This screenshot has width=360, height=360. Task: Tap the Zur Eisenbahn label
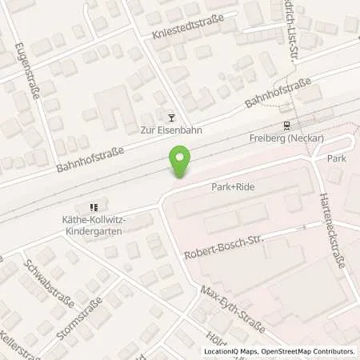point(170,130)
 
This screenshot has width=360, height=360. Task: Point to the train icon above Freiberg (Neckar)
point(286,126)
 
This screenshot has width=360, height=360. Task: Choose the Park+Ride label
point(233,186)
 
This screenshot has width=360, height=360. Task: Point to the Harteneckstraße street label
point(331,230)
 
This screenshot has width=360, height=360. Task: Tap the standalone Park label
point(336,159)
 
